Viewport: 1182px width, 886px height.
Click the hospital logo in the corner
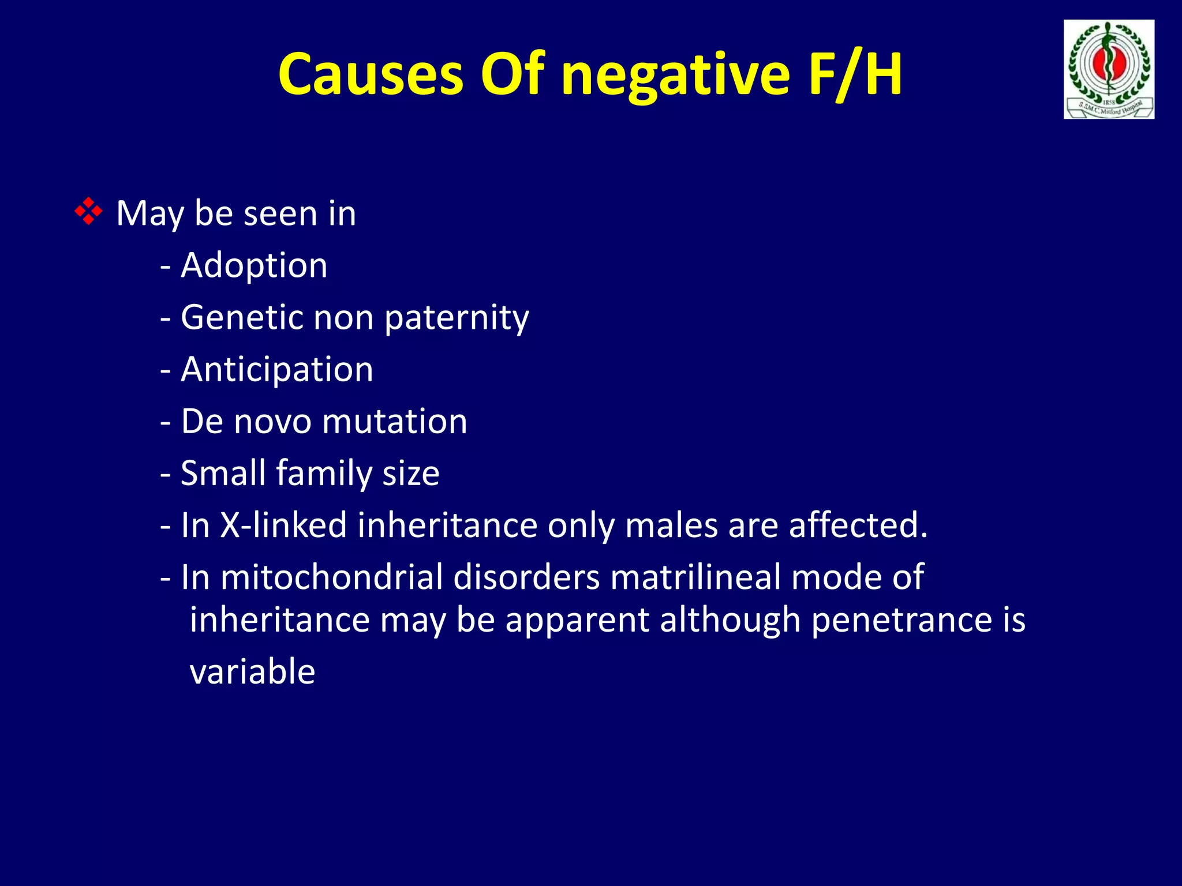[x=1109, y=69]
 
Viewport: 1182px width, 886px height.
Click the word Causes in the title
[x=371, y=74]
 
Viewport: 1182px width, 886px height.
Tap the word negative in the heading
[x=675, y=74]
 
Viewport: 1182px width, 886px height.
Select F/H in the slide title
[x=855, y=74]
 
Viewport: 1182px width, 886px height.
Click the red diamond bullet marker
[x=88, y=211]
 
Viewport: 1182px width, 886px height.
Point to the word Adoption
[x=254, y=265]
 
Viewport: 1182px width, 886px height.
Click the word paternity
[x=457, y=318]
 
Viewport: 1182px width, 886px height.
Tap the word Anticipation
[x=277, y=370]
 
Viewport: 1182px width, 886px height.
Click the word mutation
[x=395, y=421]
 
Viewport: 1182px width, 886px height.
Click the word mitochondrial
[x=331, y=577]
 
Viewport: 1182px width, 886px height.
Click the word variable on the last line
[x=252, y=671]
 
